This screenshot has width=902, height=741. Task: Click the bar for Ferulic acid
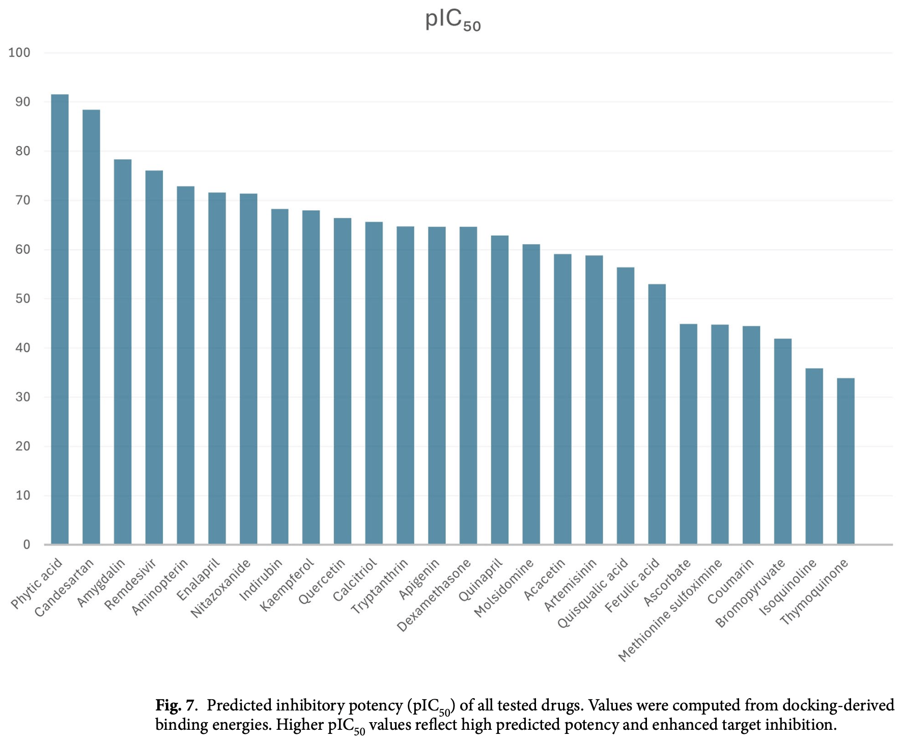click(657, 414)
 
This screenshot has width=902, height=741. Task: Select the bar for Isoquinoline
click(814, 457)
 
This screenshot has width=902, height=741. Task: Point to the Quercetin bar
click(343, 381)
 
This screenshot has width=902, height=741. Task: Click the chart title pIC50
click(453, 20)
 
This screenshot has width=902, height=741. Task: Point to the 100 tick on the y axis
click(19, 52)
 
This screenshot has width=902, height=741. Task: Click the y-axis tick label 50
click(23, 299)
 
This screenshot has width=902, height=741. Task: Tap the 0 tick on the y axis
click(26, 545)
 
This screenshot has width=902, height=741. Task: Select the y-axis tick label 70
click(23, 201)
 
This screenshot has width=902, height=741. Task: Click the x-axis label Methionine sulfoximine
click(670, 611)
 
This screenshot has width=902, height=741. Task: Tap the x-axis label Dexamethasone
click(434, 596)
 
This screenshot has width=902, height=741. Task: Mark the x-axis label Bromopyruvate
click(750, 593)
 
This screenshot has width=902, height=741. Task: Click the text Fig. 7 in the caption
click(175, 705)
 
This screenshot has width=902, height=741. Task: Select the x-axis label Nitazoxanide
click(220, 588)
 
